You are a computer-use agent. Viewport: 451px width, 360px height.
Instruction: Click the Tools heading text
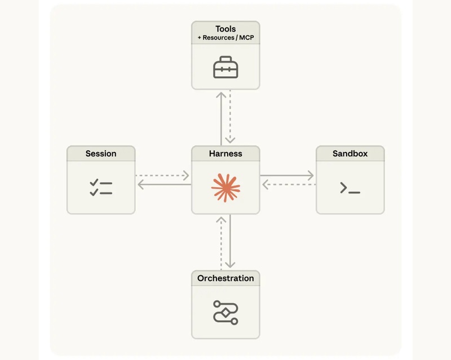[x=225, y=29]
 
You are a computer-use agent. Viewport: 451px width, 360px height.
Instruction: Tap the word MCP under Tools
[x=243, y=38]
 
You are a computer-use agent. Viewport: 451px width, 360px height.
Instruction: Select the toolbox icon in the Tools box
[x=225, y=67]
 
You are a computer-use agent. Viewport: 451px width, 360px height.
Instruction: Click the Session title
[x=101, y=153]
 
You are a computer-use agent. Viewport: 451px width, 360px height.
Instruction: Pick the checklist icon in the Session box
[x=101, y=188]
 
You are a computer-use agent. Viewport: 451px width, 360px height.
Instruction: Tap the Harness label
[x=225, y=153]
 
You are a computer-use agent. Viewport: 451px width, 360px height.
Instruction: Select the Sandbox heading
[x=350, y=153]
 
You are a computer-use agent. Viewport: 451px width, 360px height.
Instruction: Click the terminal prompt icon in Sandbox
[x=350, y=188]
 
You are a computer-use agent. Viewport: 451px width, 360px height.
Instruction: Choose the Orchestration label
[x=225, y=278]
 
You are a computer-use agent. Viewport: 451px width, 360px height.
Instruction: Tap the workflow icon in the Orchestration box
[x=225, y=312]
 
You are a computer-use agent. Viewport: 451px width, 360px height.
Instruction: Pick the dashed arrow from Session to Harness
[x=163, y=175]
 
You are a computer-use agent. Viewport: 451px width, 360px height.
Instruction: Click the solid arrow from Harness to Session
[x=163, y=185]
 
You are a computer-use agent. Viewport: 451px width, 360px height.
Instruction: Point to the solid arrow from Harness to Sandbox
[x=288, y=175]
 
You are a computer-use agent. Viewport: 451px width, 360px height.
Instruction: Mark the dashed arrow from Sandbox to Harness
[x=288, y=185]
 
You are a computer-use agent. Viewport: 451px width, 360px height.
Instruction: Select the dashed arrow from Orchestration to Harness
[x=221, y=242]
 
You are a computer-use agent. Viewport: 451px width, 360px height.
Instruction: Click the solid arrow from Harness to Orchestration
[x=230, y=242]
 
